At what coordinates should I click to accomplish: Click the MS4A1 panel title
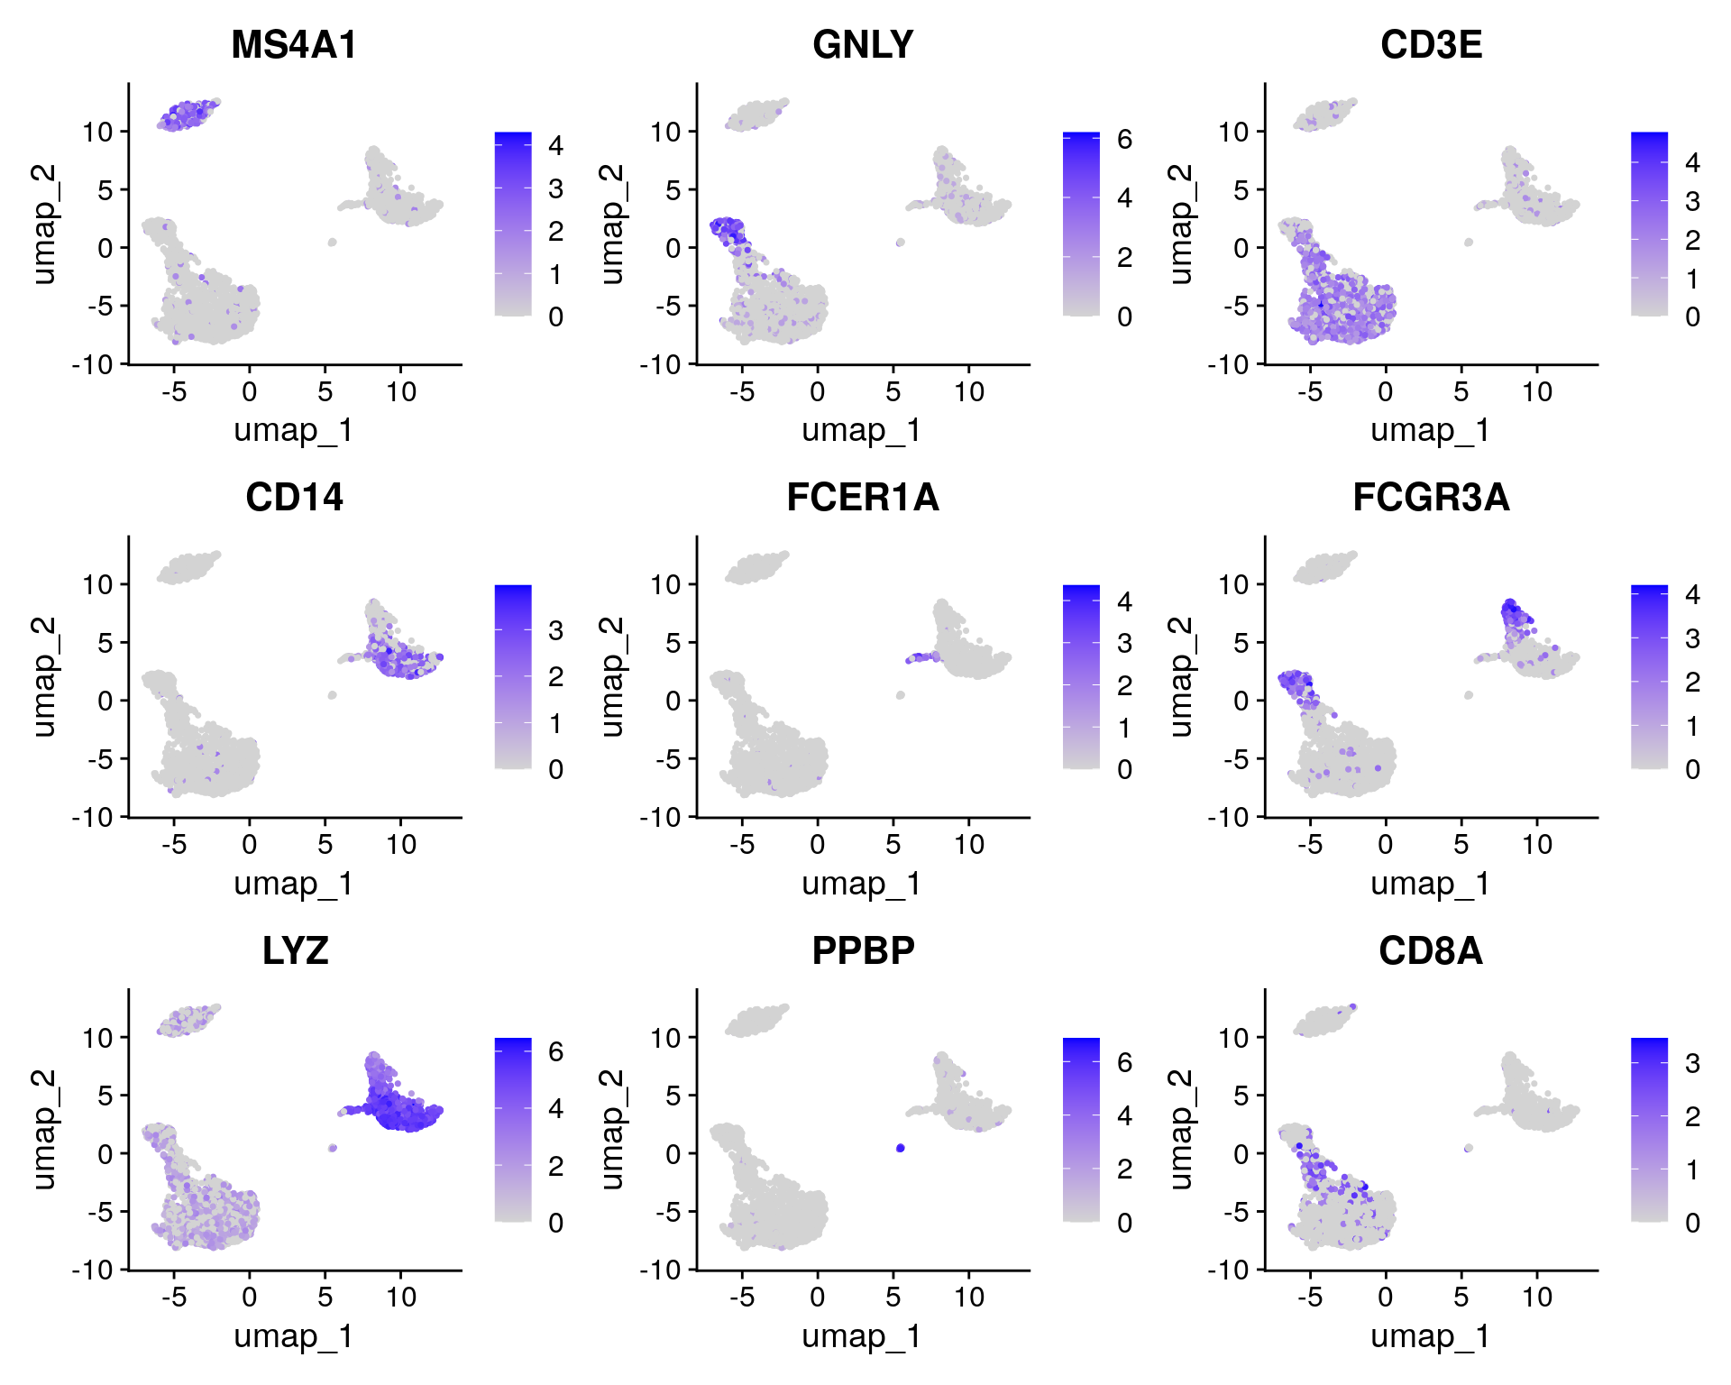click(294, 45)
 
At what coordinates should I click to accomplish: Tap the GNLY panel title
click(863, 45)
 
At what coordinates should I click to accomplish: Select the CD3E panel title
click(1431, 45)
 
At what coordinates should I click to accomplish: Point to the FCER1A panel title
click(863, 498)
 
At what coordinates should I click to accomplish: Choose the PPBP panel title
click(863, 950)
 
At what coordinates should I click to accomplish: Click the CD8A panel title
click(1431, 950)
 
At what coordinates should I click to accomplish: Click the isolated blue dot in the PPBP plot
click(901, 1148)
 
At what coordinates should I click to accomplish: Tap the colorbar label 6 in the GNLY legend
click(1124, 140)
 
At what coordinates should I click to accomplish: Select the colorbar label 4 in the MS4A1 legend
click(556, 145)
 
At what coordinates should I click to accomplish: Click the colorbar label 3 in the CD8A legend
click(1692, 1064)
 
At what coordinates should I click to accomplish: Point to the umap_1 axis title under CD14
click(294, 884)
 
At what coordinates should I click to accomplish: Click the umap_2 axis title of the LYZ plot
click(43, 1129)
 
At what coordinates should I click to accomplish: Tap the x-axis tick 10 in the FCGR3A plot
click(1537, 845)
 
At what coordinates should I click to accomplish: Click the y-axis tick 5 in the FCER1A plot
click(673, 643)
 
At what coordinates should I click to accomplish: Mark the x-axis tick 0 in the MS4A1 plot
click(250, 392)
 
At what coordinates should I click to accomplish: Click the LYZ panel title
click(295, 950)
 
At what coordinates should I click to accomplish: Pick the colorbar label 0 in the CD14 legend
click(556, 770)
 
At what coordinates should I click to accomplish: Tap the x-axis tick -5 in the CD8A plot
click(1310, 1298)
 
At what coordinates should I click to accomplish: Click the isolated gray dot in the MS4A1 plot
click(333, 242)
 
